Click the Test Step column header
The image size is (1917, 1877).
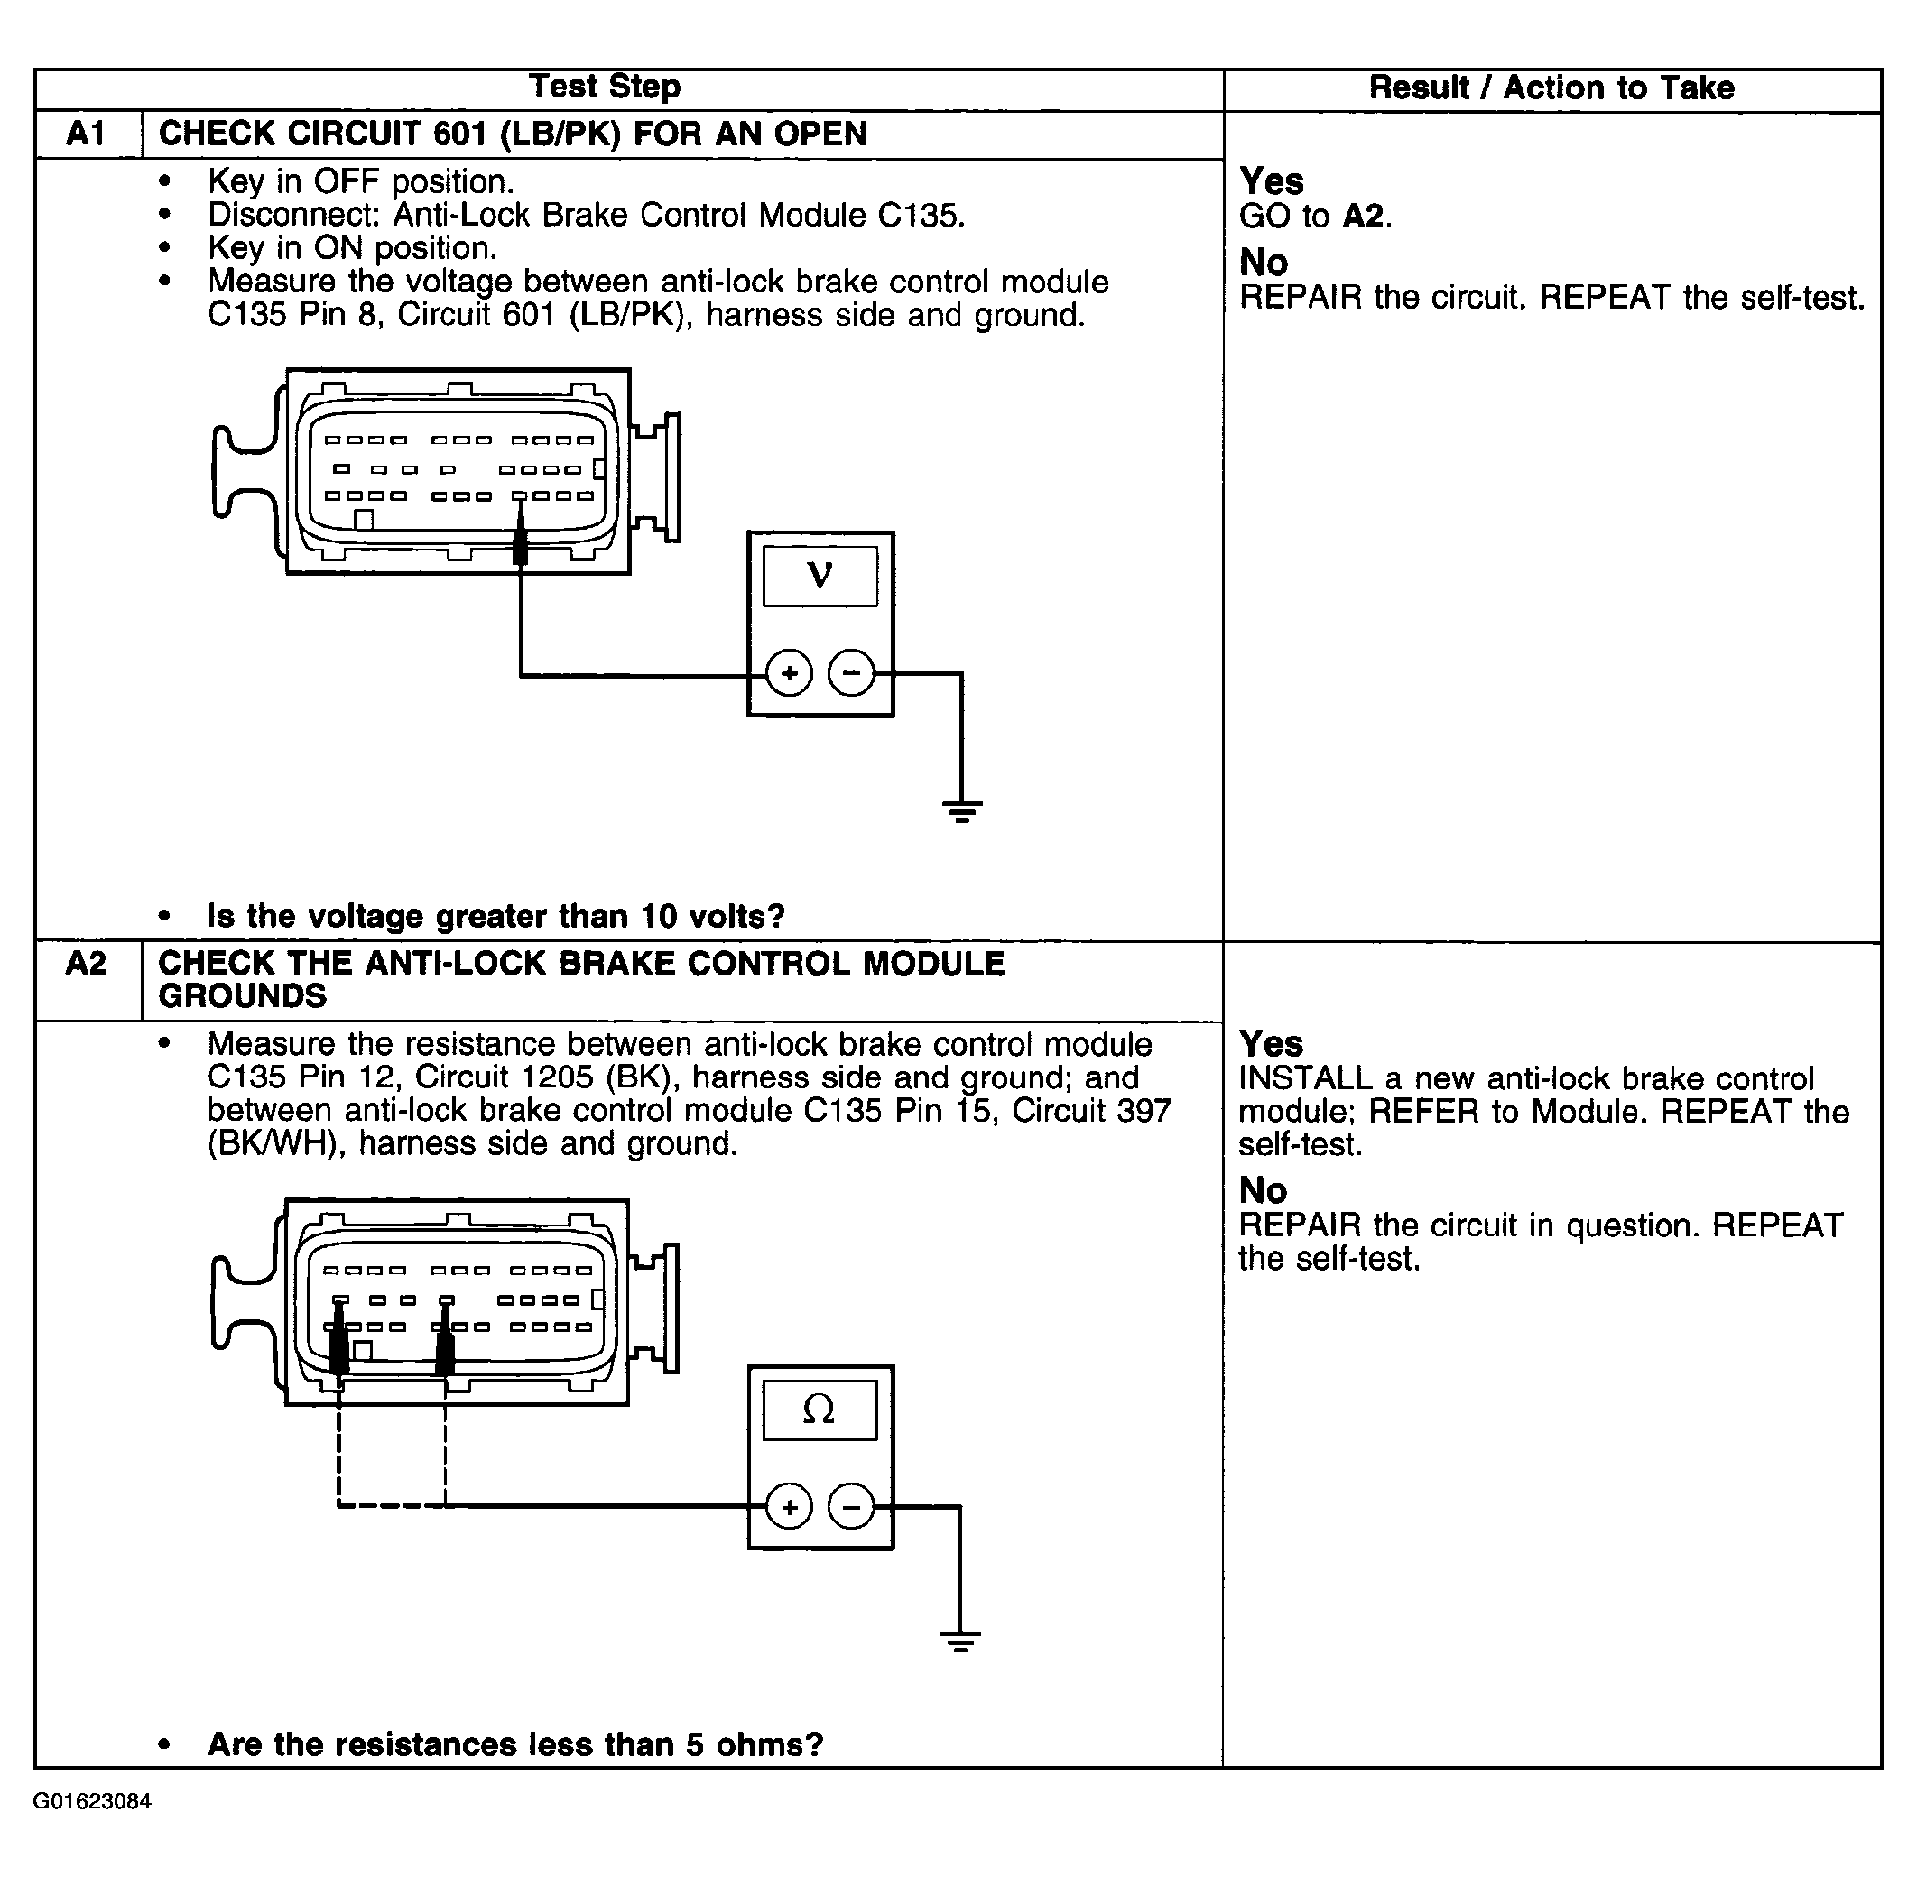click(x=605, y=87)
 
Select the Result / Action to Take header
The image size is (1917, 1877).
click(x=1551, y=88)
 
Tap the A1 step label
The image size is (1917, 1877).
click(x=86, y=134)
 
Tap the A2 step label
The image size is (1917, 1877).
click(x=86, y=963)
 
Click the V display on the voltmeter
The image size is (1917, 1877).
click(x=820, y=576)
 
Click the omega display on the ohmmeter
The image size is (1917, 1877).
click(x=820, y=1410)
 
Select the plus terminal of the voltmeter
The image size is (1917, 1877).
click(x=789, y=674)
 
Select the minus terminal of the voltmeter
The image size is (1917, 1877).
click(x=852, y=674)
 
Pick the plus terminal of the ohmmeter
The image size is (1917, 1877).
click(x=789, y=1507)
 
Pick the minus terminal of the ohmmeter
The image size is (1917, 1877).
click(x=852, y=1507)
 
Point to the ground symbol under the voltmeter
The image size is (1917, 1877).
click(x=961, y=811)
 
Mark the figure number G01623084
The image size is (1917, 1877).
click(x=93, y=1802)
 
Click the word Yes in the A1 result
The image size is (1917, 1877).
click(x=1271, y=181)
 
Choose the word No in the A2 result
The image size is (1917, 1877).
click(x=1264, y=1191)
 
